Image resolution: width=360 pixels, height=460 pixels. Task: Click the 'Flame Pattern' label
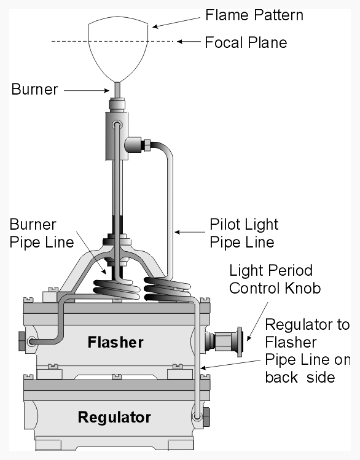coord(254,15)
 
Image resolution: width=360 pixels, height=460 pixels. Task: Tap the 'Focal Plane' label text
coord(246,42)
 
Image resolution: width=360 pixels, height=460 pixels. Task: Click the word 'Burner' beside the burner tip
coord(34,89)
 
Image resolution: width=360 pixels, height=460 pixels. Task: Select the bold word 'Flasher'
coord(115,342)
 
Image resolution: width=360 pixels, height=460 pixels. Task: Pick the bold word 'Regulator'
coord(114,417)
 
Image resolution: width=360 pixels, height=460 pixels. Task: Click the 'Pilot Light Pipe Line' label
coord(244,233)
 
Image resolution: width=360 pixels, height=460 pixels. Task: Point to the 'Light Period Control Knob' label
coord(275,279)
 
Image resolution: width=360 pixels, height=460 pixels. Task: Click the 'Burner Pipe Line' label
coord(41,233)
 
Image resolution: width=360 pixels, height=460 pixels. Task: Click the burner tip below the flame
coord(117,90)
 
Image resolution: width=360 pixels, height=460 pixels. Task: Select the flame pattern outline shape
coord(118,18)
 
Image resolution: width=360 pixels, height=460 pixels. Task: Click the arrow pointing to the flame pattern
coord(176,23)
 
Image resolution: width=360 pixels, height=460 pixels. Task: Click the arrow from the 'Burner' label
coord(87,91)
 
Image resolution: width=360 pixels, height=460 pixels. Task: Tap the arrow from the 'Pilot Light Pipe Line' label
coord(190,232)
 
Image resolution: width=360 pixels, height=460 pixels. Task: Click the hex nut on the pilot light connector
coord(147,145)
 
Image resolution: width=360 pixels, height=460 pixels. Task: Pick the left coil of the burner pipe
coord(117,289)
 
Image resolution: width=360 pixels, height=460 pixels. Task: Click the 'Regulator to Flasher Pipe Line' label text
coord(308,351)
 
